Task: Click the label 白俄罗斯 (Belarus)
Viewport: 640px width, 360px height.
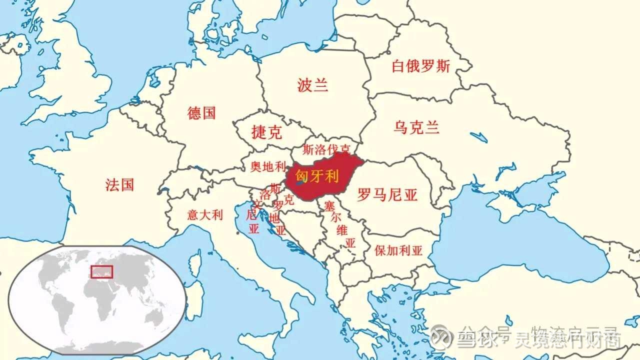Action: click(420, 66)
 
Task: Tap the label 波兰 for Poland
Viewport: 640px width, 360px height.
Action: click(312, 85)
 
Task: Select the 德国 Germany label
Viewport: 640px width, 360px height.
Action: click(201, 113)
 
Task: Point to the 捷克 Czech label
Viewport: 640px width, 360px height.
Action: click(266, 132)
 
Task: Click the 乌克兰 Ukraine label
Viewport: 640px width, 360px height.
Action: click(416, 127)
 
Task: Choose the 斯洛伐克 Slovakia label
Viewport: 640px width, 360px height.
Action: click(326, 149)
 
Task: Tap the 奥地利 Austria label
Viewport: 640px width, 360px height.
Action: click(268, 167)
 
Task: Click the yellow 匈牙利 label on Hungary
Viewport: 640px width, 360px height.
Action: click(317, 176)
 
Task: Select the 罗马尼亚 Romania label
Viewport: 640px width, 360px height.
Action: click(387, 195)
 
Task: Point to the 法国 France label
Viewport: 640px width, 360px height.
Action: click(120, 185)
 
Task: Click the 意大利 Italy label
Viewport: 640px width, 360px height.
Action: click(205, 215)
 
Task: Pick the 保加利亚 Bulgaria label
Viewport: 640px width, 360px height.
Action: click(398, 251)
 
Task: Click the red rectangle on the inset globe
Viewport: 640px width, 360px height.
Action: click(101, 271)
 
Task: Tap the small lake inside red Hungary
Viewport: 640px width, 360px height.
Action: click(298, 183)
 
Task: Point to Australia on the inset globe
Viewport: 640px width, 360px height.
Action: click(156, 316)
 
